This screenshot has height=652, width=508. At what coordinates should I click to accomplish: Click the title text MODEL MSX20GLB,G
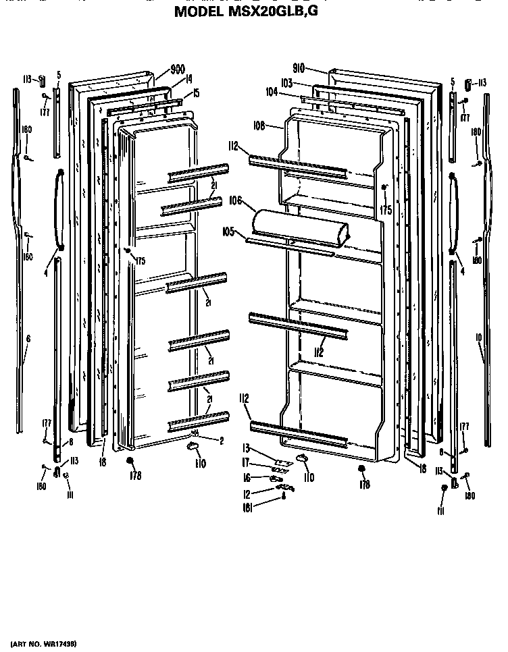[254, 11]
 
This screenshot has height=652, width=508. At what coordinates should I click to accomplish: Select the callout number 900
[178, 69]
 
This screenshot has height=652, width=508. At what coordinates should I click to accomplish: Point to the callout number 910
[299, 68]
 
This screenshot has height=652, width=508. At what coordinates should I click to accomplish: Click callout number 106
[236, 200]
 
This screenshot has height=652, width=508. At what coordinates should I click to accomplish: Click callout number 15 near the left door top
[196, 94]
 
